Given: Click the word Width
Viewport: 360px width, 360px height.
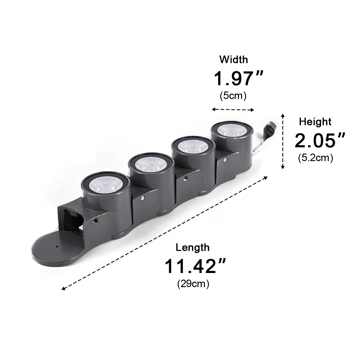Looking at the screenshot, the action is [x=234, y=60].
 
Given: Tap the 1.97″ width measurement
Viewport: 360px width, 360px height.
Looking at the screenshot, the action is [x=238, y=79].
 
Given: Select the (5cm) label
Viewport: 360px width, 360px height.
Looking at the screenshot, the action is [x=233, y=96].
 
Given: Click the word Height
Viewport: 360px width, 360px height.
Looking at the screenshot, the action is [x=315, y=121].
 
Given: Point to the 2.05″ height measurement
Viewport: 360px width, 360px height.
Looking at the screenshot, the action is [x=320, y=140].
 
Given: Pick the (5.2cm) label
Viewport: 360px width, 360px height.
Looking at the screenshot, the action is [x=316, y=158].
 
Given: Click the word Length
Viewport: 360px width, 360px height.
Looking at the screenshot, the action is [x=193, y=247].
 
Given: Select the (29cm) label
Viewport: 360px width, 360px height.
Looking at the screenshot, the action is [x=193, y=284].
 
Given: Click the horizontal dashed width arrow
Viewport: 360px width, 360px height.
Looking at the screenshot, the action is [x=233, y=110].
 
